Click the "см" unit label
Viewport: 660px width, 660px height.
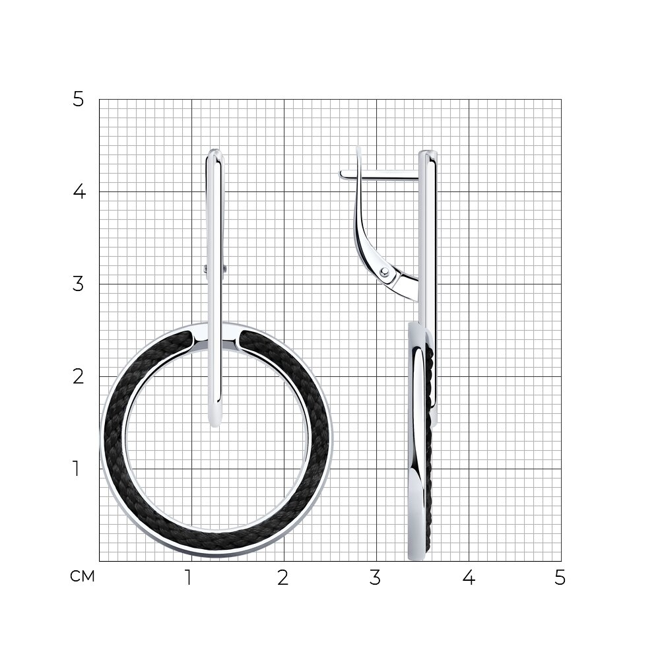tap(82, 576)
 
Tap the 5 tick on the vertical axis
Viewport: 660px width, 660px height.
tap(79, 100)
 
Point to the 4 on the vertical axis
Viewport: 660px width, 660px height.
tap(79, 191)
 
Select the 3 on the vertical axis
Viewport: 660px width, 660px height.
tap(79, 284)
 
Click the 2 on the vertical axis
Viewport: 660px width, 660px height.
tap(79, 376)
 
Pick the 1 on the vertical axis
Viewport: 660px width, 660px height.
tap(76, 469)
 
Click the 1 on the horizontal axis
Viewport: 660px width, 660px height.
tap(189, 577)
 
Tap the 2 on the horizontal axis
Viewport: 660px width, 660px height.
tap(283, 577)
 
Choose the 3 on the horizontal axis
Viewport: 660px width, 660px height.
tap(375, 577)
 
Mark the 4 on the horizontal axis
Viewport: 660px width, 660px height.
tap(469, 577)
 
